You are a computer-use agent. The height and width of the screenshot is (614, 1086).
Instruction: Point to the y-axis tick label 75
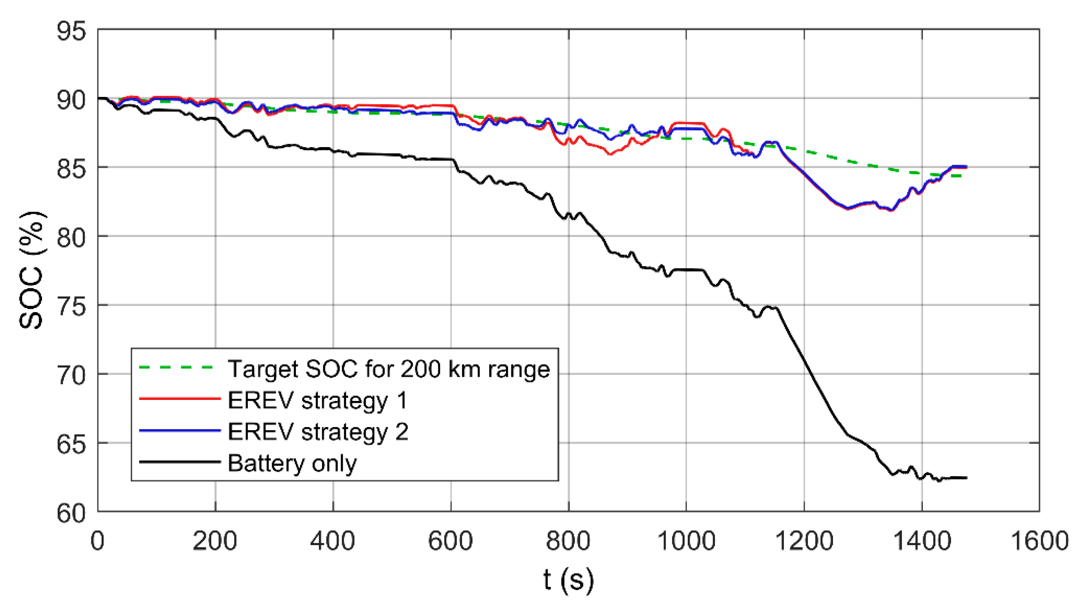[x=71, y=306]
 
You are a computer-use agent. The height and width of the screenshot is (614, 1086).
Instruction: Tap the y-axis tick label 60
[x=71, y=513]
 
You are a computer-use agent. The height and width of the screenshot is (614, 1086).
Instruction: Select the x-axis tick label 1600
[x=1039, y=541]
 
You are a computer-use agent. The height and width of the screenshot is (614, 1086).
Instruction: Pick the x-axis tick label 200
[x=215, y=541]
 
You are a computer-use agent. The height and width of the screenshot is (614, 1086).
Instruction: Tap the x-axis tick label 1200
[x=804, y=541]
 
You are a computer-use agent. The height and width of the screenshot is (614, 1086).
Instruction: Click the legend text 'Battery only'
[x=292, y=463]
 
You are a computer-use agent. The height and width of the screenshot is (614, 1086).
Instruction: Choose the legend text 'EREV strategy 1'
[x=317, y=400]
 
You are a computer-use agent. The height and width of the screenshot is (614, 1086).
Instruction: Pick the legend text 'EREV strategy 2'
[x=318, y=431]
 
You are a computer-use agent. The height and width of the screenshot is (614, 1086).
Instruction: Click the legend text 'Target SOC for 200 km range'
[x=389, y=368]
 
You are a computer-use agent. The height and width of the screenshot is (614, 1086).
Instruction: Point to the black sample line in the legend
[x=179, y=462]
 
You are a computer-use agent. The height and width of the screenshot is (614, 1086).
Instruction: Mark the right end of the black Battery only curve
[x=966, y=478]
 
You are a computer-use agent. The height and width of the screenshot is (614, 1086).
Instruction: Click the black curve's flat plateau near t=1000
[x=688, y=270]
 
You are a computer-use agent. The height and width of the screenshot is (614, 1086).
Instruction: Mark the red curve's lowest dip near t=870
[x=610, y=154]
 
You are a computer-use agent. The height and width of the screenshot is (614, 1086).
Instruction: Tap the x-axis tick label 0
[x=97, y=541]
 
